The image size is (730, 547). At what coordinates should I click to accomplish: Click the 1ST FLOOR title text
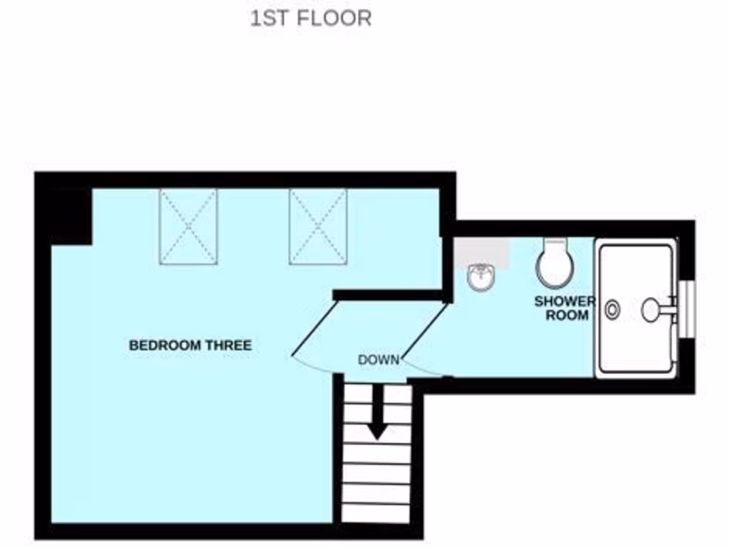[x=311, y=18]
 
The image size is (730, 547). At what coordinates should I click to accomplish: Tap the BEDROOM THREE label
[x=190, y=345]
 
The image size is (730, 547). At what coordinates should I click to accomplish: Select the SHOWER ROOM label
[x=564, y=308]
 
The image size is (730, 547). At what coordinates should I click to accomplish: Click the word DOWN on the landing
[x=379, y=360]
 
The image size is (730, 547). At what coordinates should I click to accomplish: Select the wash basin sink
[x=482, y=277]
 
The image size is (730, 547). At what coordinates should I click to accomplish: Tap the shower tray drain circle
[x=612, y=310]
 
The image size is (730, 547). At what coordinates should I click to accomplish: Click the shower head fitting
[x=654, y=309]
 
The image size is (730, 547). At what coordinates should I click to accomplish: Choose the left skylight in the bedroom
[x=188, y=226]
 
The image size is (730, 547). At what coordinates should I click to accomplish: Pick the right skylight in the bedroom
[x=318, y=226]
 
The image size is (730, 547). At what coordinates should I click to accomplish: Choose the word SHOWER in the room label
[x=564, y=301]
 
